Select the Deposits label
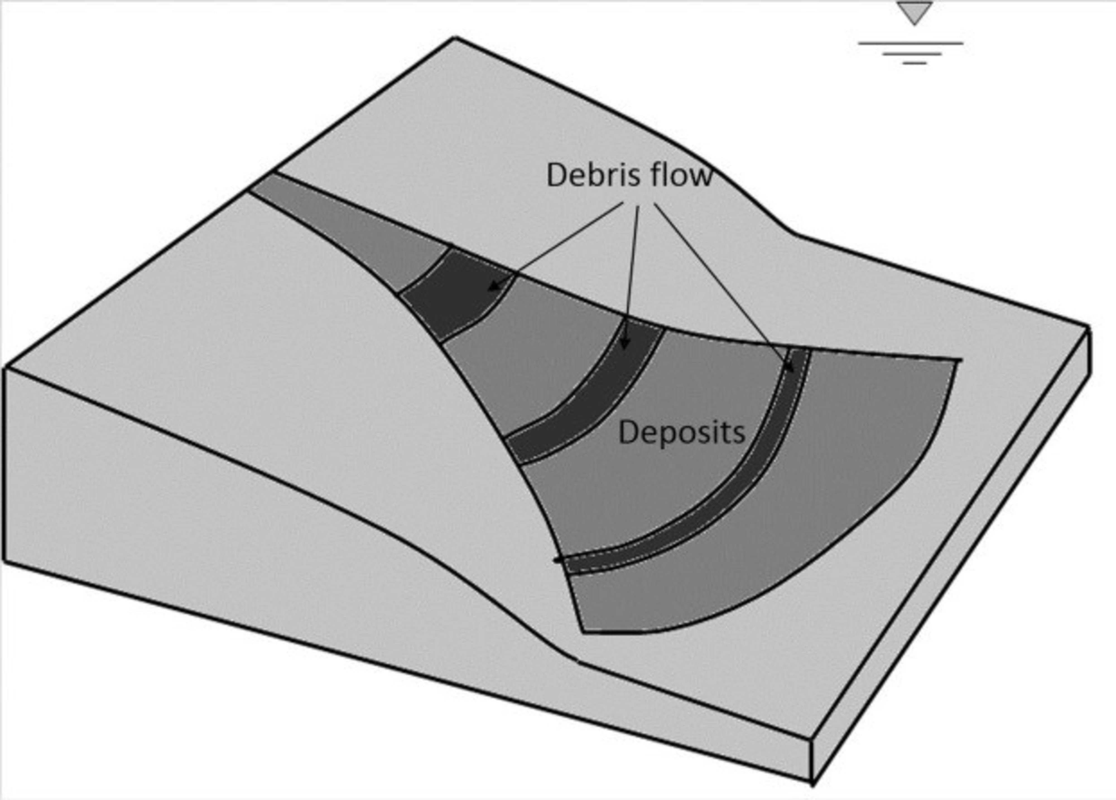pyautogui.click(x=682, y=433)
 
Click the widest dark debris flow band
pyautogui.click(x=455, y=295)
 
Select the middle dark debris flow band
pyautogui.click(x=590, y=398)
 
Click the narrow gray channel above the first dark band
pyautogui.click(x=345, y=226)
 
